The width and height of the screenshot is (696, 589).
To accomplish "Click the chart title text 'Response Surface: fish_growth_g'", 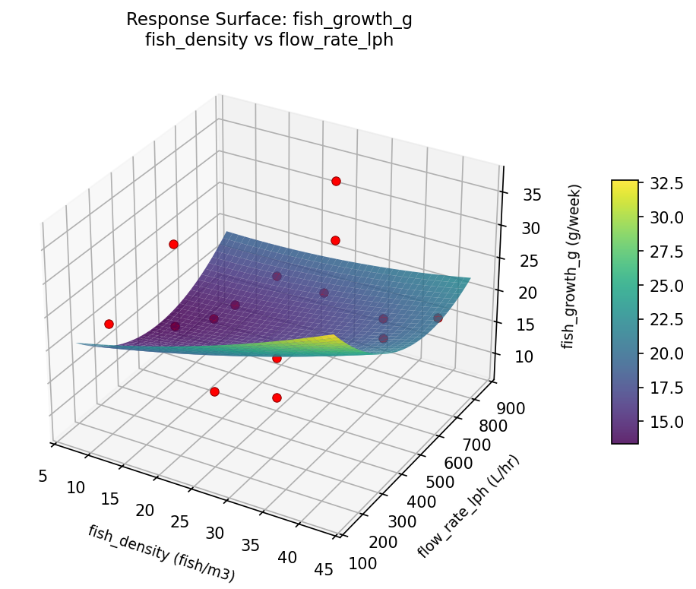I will click(269, 19).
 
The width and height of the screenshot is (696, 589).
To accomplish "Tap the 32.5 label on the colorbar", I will click(666, 183).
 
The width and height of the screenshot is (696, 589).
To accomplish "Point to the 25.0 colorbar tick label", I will click(666, 285).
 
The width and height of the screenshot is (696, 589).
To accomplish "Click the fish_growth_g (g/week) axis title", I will click(575, 266).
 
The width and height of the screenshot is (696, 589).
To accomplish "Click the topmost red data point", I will click(336, 181).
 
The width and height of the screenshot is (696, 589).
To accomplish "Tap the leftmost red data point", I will click(109, 324).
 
